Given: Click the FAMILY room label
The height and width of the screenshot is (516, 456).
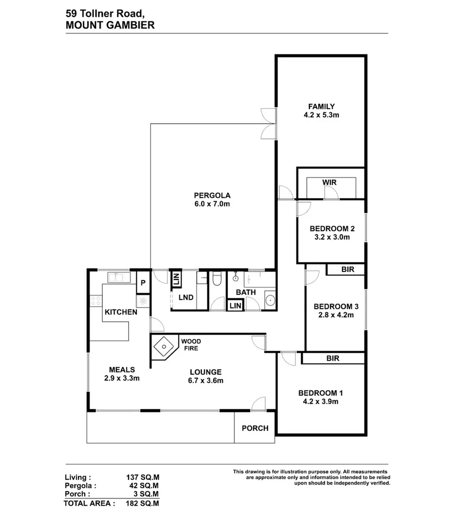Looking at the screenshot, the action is coord(322,107).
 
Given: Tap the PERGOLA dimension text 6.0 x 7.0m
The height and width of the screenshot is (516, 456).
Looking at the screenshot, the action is coord(212,204).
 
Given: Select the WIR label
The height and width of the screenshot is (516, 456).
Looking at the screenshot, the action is coord(329,183).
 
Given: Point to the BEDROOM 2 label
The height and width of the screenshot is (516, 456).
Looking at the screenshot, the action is coord(332,229).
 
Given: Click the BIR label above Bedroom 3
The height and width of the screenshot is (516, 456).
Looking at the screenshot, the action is coord(348,270).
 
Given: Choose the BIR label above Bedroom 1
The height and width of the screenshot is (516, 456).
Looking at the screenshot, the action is coord(333,358).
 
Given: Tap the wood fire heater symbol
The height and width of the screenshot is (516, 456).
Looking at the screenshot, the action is coord(164,347).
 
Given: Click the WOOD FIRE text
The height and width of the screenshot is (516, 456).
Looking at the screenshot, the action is coord(191,345).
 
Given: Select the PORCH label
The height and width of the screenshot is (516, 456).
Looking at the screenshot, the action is coord(255,428).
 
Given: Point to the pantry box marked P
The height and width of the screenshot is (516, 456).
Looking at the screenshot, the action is coord(143,282).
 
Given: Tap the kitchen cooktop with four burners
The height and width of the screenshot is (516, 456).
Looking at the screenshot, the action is coord(96,301).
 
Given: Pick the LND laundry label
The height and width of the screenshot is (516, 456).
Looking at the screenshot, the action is coord(186,297).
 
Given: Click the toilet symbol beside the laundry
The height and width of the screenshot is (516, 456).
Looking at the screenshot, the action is coord(217,279).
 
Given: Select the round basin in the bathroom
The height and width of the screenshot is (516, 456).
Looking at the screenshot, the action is coord(270,300).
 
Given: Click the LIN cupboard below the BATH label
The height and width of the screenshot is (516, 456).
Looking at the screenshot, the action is coord(235,306).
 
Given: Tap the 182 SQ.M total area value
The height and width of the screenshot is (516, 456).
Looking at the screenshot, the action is coord(142,503).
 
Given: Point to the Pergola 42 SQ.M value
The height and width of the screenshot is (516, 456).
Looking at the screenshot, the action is coord(144,486).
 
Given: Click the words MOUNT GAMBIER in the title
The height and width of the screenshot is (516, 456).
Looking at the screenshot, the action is coord(110,25).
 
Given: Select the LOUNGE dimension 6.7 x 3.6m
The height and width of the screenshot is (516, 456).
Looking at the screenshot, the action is coord(206,381).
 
